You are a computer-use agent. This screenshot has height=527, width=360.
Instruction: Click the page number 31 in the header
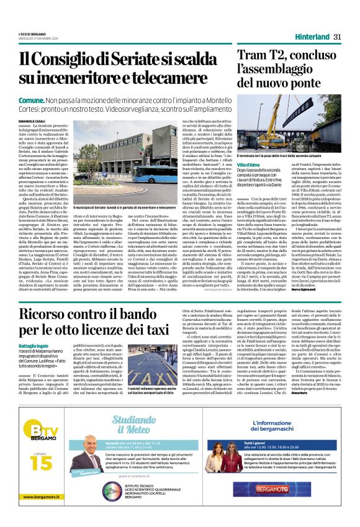[x=338, y=37]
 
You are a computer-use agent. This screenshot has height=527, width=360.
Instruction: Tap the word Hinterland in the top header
[x=312, y=37]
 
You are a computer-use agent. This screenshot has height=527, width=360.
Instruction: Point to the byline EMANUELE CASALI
[x=32, y=119]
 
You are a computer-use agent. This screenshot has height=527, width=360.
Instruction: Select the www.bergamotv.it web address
[x=34, y=513]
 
